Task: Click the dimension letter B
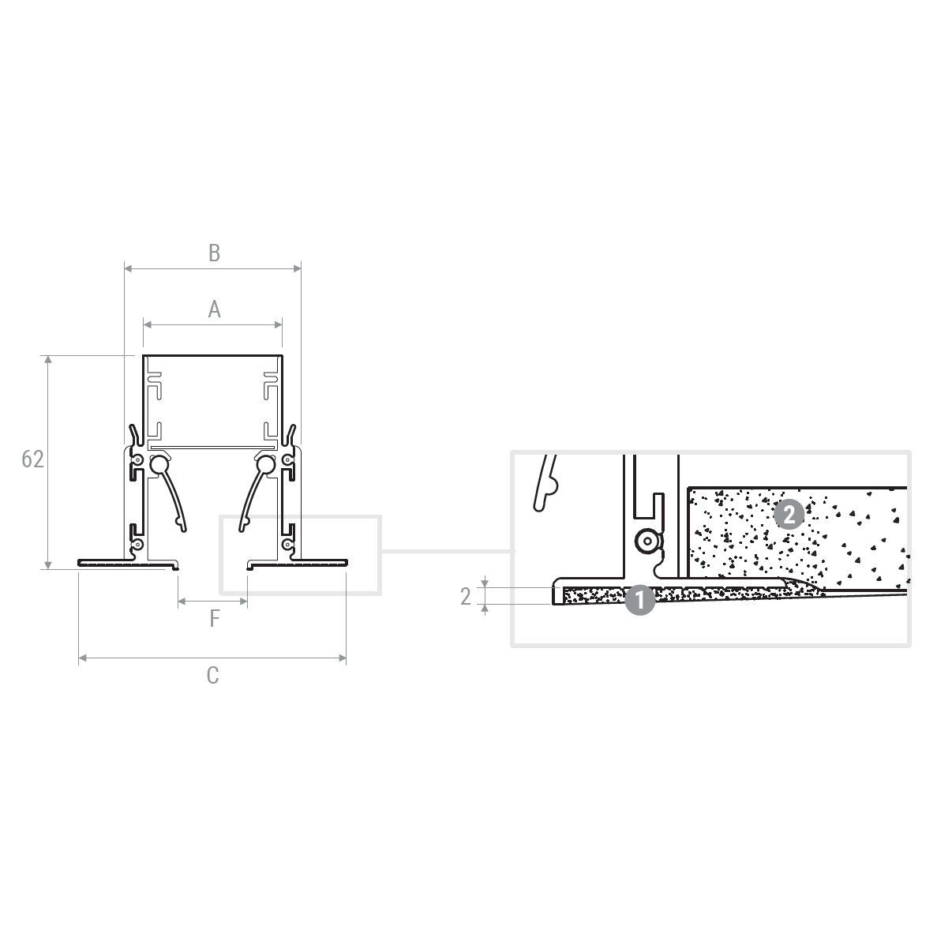click(x=214, y=253)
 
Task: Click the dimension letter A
click(x=214, y=309)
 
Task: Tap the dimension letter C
click(x=212, y=675)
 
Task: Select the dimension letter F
click(x=214, y=619)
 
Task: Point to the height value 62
click(x=32, y=459)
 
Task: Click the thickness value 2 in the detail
click(x=466, y=597)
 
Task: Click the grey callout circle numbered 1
click(x=640, y=599)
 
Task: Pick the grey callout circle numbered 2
click(x=789, y=514)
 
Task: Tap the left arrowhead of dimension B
click(x=128, y=269)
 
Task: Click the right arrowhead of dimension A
click(x=279, y=324)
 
